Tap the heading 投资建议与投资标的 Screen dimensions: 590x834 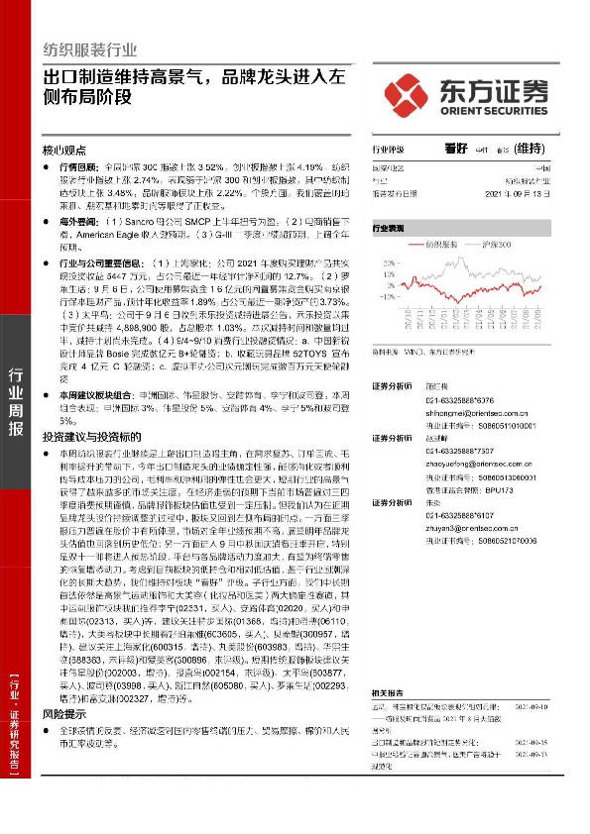90,436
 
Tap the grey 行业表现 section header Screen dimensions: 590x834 390,227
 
